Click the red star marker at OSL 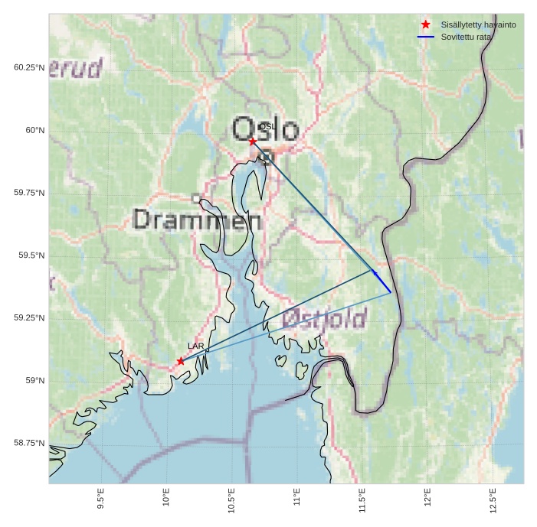tap(253, 142)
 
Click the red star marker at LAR tap(181, 361)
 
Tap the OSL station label tap(267, 126)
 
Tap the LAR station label tap(196, 346)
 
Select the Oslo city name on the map tap(265, 130)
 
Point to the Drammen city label tap(198, 220)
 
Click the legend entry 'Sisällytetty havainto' tap(478, 25)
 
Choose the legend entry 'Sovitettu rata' tap(466, 37)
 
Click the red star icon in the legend tap(426, 25)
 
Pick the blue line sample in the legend tap(426, 37)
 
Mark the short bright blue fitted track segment tap(382, 281)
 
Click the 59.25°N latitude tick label tap(29, 318)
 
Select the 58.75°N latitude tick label tap(29, 443)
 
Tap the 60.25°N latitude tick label tap(29, 67)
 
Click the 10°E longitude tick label tap(166, 498)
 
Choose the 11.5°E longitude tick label tap(362, 498)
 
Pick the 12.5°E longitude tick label tap(493, 498)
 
